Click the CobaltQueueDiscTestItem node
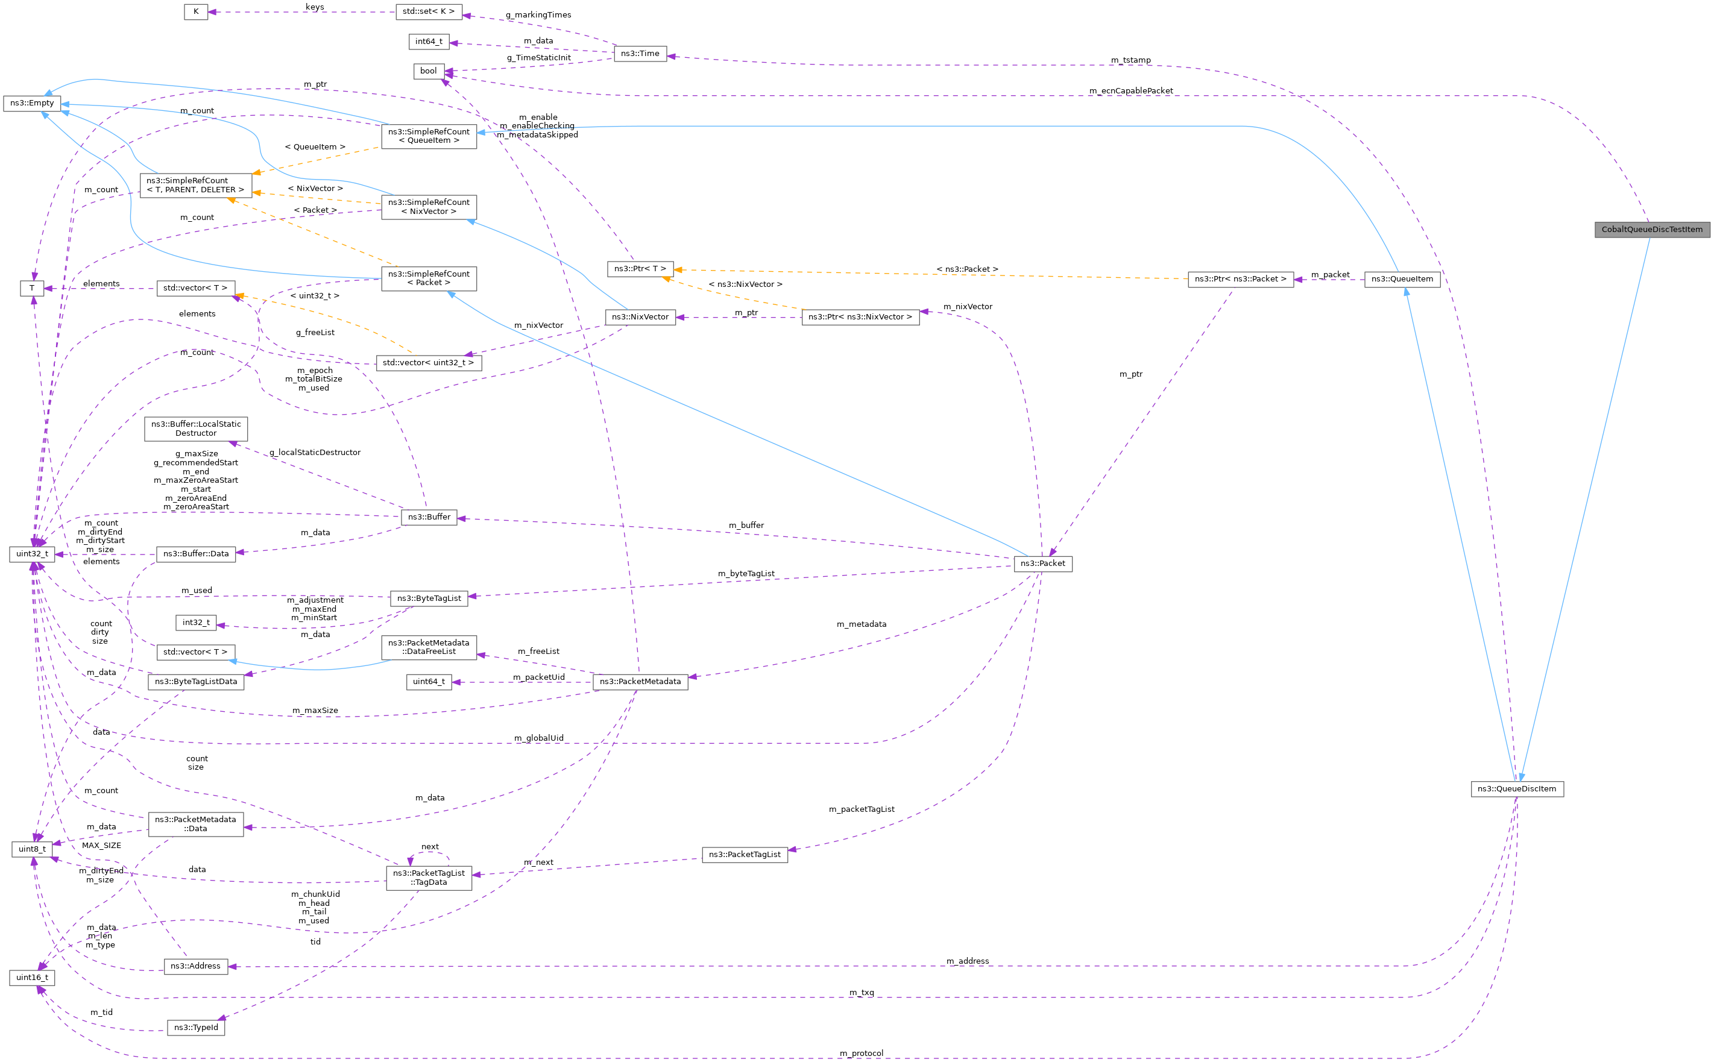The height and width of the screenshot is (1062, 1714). [1651, 230]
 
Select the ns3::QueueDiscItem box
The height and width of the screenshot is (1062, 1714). [1517, 789]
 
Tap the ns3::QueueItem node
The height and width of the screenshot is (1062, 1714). [1402, 279]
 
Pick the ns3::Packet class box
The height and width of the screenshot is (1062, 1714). [1042, 564]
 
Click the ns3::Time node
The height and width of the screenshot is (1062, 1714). [639, 54]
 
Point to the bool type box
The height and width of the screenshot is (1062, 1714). [428, 71]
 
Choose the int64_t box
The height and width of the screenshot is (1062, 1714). [429, 42]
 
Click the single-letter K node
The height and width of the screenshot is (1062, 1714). [196, 12]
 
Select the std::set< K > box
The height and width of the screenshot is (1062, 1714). [429, 12]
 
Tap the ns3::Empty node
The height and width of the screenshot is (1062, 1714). [31, 103]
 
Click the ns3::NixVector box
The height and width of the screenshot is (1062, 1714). [640, 317]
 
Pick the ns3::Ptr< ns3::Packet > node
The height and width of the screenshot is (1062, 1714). [1240, 279]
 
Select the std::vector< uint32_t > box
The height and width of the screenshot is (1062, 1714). [429, 362]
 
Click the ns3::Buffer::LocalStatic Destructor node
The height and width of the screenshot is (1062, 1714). [196, 429]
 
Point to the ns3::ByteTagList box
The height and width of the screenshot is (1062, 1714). [429, 599]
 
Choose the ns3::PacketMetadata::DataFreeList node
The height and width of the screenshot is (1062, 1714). [429, 647]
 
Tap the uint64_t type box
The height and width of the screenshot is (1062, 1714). [429, 681]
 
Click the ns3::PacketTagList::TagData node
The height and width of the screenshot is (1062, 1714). [429, 878]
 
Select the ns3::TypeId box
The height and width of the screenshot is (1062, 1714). [196, 1028]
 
